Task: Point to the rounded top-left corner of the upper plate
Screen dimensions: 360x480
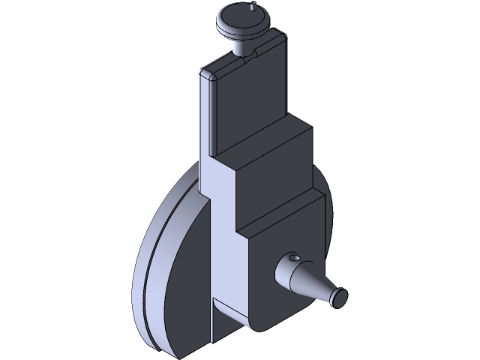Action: coord(205,72)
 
